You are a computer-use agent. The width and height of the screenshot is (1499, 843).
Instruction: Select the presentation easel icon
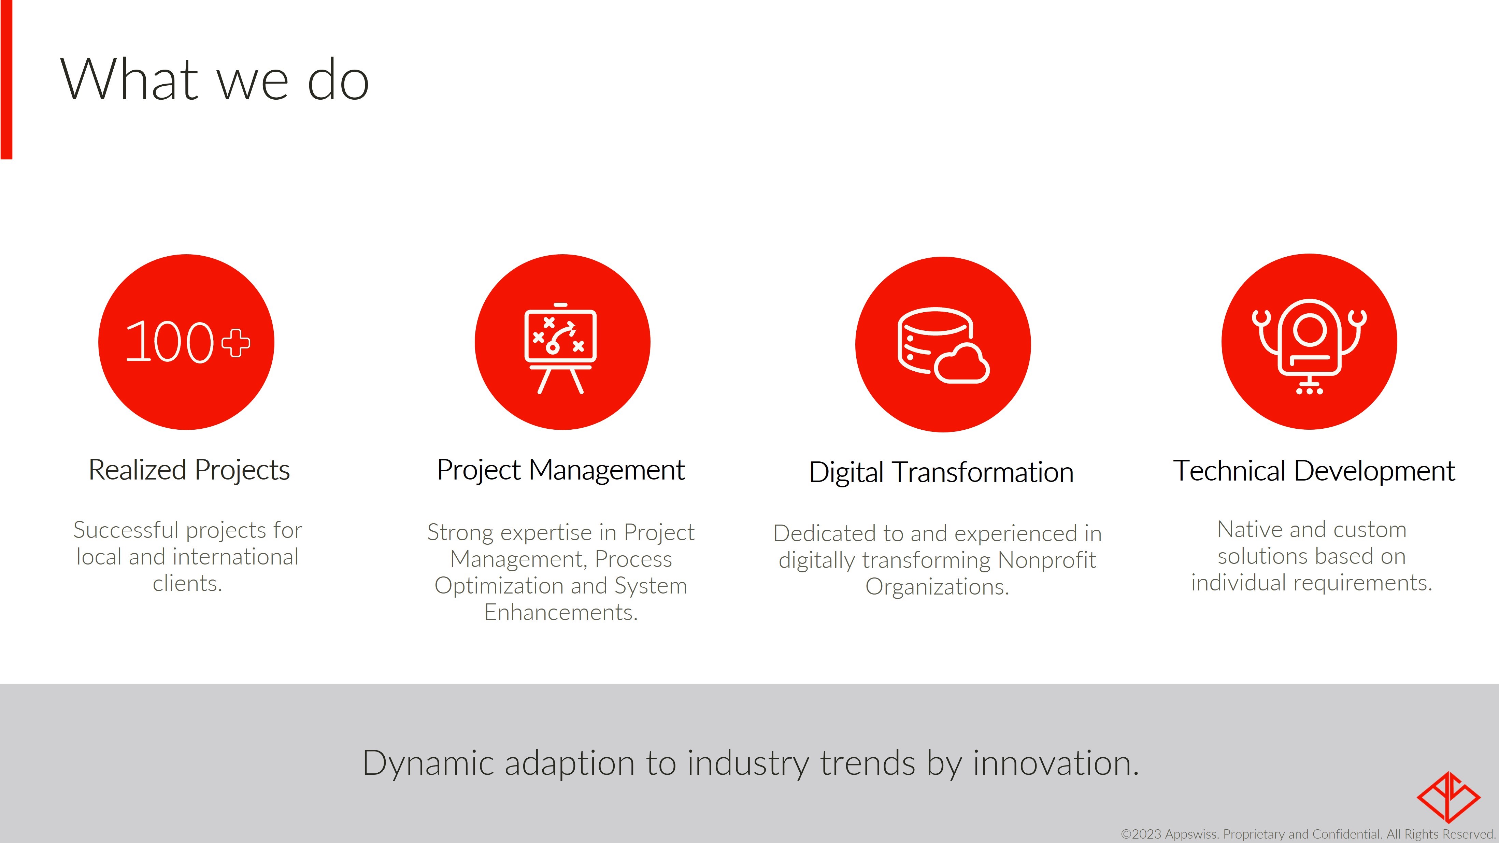coord(560,348)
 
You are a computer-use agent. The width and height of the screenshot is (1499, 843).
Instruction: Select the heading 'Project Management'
coord(560,470)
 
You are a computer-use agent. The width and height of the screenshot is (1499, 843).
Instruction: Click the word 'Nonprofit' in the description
coord(1046,560)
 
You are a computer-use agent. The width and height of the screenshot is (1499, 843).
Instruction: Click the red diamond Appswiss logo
coord(1448,797)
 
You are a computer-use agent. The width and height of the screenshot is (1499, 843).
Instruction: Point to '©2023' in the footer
coord(1141,834)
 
